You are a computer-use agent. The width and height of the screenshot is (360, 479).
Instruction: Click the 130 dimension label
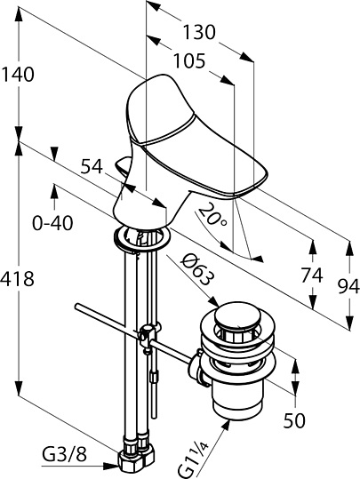(199, 32)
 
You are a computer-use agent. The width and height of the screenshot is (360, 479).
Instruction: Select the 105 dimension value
(189, 60)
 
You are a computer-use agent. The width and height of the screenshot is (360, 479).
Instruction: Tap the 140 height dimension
(18, 75)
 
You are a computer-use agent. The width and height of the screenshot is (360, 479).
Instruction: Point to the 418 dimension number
(17, 279)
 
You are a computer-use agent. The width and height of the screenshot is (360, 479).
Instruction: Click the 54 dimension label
(92, 167)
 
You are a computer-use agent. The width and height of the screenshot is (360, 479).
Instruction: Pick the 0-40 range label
(52, 223)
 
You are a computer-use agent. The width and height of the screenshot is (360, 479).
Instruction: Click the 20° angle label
(212, 217)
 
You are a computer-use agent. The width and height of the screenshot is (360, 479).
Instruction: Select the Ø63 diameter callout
(196, 271)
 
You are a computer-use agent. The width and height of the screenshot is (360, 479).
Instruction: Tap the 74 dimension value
(312, 275)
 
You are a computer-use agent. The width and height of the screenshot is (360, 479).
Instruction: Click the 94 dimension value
(348, 287)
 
